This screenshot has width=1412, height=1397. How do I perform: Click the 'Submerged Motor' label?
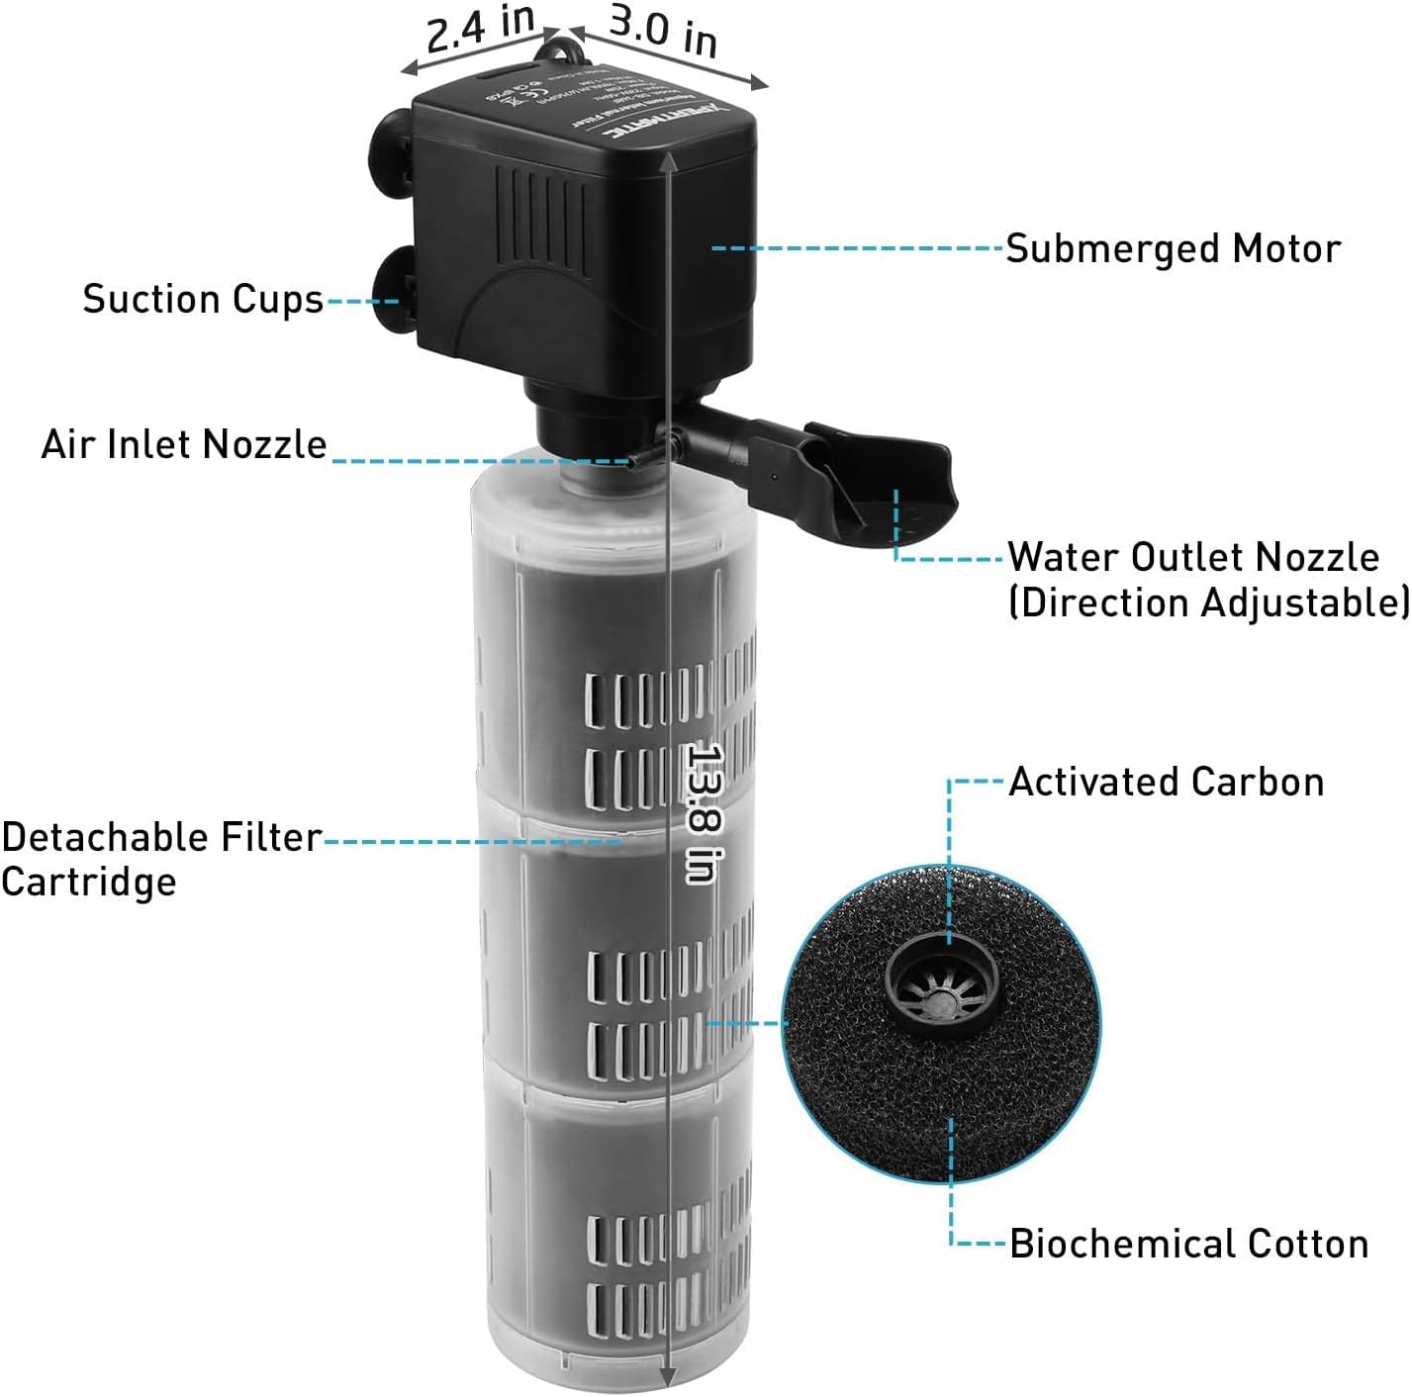[1173, 248]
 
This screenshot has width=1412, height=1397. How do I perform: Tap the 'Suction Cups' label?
[203, 299]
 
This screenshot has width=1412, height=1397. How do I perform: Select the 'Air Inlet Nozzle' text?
[184, 444]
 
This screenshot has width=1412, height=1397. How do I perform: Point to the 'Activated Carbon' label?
[1166, 782]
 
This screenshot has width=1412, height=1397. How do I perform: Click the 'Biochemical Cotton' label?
[1188, 1244]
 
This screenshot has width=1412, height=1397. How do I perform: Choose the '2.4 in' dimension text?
[481, 29]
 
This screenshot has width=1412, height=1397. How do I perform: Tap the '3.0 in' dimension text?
[663, 31]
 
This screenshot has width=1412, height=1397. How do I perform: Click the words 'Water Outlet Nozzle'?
[1192, 557]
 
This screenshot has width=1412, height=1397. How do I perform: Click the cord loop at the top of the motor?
[560, 44]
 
